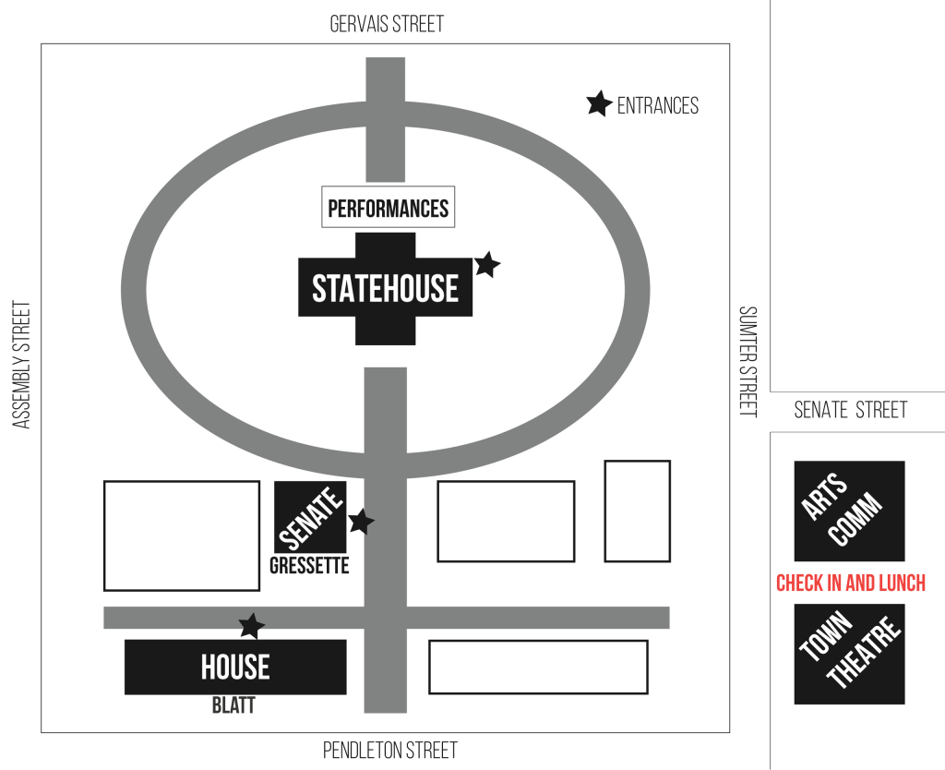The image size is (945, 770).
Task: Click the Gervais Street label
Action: [387, 24]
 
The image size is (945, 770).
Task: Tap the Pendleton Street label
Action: [389, 751]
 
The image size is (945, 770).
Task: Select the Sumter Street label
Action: [748, 361]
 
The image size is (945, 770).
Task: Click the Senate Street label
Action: [850, 410]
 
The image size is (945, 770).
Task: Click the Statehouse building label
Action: [385, 289]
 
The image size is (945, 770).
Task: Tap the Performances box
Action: [388, 208]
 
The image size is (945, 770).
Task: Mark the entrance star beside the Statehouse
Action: [486, 265]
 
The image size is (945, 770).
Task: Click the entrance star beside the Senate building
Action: [360, 522]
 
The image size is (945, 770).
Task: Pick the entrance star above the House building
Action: [251, 626]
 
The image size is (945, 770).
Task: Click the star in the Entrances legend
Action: [599, 104]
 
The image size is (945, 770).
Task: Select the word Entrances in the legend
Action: [657, 106]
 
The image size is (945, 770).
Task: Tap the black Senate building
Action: [310, 517]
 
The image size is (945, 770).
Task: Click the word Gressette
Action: [309, 566]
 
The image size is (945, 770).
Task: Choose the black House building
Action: [235, 667]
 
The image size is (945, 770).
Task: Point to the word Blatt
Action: [233, 706]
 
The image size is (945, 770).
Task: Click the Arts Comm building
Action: [849, 511]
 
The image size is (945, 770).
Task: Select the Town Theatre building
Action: [849, 654]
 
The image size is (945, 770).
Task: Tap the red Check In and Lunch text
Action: [850, 584]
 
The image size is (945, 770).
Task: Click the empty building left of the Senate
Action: [181, 535]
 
